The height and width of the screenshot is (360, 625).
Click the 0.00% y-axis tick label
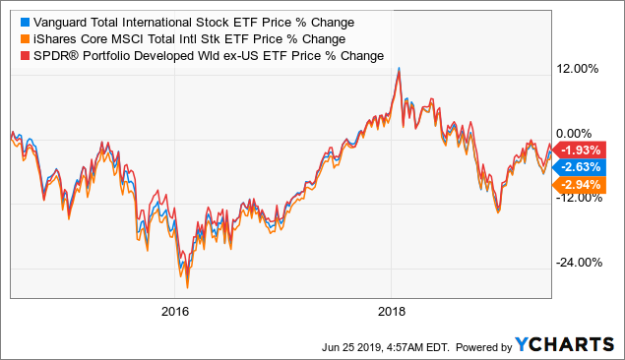[x=580, y=133]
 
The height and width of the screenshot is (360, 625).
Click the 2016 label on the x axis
[x=174, y=312]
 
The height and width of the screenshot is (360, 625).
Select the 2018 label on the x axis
[x=392, y=312]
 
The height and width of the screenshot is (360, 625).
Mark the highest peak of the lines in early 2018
[x=398, y=69]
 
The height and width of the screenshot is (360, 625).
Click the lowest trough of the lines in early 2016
[x=187, y=286]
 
